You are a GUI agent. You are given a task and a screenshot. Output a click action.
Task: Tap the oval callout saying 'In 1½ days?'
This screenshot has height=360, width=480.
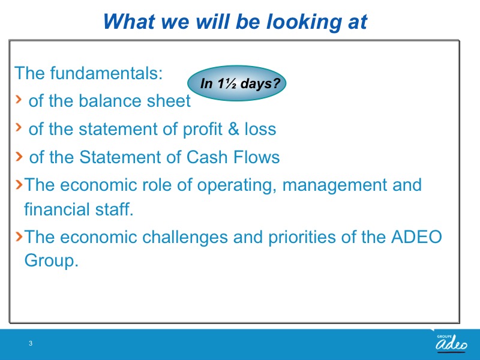pyautogui.click(x=236, y=83)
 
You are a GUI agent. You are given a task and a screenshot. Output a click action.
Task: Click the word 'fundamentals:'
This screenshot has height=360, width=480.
pyautogui.click(x=106, y=73)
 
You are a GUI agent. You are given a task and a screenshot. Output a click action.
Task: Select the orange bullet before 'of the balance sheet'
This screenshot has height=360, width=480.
pyautogui.click(x=19, y=99)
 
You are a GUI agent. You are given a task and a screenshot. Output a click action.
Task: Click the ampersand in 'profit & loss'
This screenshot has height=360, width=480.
pyautogui.click(x=233, y=129)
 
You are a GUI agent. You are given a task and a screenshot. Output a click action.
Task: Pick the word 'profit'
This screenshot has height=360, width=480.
pyautogui.click(x=202, y=130)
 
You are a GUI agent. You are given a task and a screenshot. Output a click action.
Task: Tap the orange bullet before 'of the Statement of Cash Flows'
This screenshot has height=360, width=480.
pyautogui.click(x=19, y=156)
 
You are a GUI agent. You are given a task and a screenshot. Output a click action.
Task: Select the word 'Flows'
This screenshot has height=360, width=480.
pyautogui.click(x=257, y=157)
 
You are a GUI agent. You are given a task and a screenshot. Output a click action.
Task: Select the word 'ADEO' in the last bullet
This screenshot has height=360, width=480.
pyautogui.click(x=416, y=237)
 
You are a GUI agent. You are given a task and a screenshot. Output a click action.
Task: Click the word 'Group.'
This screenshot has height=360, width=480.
pyautogui.click(x=52, y=261)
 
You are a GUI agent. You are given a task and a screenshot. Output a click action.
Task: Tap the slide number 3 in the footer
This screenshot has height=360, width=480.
pyautogui.click(x=31, y=343)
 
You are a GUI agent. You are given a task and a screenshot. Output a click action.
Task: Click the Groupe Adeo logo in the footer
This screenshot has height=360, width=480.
pyautogui.click(x=451, y=343)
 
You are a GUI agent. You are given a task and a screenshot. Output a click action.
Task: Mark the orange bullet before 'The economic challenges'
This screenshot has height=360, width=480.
pyautogui.click(x=19, y=236)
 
